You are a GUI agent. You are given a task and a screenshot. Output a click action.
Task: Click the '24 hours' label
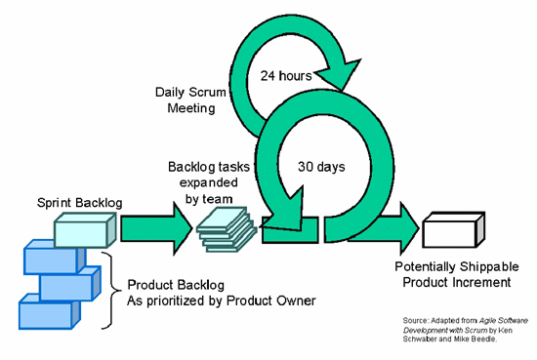286,74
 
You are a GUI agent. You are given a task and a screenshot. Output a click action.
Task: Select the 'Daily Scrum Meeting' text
186,100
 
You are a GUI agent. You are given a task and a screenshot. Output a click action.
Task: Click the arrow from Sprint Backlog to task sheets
155,232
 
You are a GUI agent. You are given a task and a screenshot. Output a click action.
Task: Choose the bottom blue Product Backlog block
44,315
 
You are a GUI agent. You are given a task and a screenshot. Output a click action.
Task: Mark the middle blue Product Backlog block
68,287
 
